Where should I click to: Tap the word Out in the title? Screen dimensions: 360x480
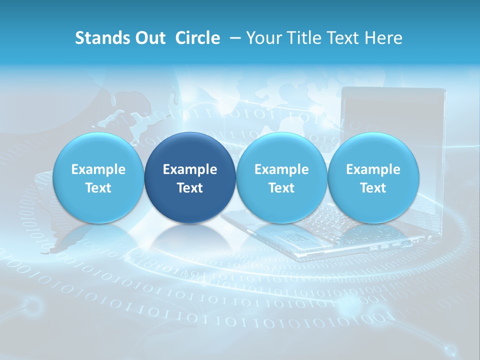(149, 38)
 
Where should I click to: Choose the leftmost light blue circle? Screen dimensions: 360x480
(98, 150)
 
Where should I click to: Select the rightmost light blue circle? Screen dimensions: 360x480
(373, 150)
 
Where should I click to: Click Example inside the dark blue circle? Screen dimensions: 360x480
(190, 169)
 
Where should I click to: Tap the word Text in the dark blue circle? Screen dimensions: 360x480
(190, 188)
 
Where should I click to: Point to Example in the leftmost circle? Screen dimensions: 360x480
(98, 169)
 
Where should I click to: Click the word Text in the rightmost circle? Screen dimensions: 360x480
(373, 188)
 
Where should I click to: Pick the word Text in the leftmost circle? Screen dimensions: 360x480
(98, 188)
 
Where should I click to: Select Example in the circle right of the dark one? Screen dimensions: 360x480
(281, 169)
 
